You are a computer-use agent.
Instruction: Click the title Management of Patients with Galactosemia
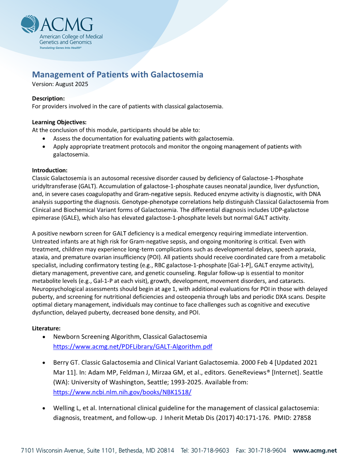(118, 75)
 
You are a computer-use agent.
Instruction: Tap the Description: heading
(49, 98)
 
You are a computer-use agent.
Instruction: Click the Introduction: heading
(50, 170)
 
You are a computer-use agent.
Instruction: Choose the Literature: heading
(46, 328)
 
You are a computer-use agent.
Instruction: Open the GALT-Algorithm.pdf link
(132, 347)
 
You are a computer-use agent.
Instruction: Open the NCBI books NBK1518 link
(122, 392)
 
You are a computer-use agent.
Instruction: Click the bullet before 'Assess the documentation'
(44, 139)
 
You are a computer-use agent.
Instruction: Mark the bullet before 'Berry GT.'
(44, 362)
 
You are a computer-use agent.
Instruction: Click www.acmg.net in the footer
(315, 451)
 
